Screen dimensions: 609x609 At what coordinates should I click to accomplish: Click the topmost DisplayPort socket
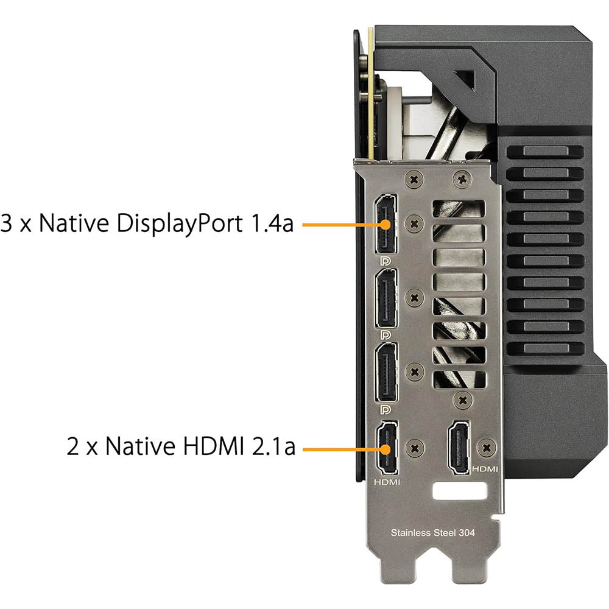coord(385,224)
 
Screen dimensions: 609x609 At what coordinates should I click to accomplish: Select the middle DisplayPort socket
coord(386,298)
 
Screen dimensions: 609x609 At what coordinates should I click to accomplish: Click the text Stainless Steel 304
coord(432,532)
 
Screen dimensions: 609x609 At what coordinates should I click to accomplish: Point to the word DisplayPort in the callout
coord(180,224)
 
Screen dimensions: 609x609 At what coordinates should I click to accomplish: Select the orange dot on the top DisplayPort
coord(385,225)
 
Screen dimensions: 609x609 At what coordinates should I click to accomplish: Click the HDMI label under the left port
coord(387,482)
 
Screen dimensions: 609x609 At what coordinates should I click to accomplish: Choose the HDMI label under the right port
coord(485,469)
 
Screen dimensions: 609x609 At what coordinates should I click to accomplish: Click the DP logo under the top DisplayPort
coord(385,261)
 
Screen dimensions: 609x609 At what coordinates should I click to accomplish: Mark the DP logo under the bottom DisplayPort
coord(385,409)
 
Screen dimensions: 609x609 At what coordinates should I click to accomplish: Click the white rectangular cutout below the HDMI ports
coord(459,491)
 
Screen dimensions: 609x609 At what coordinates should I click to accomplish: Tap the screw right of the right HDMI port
coord(486,448)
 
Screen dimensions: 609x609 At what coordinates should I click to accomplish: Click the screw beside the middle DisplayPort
coord(414,298)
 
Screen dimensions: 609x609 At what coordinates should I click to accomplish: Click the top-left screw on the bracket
coord(414,180)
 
